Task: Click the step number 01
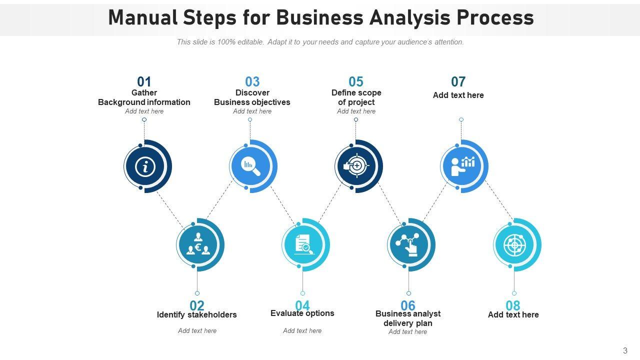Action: (144, 81)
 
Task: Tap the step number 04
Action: (302, 305)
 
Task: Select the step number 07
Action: (458, 81)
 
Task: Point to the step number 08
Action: (513, 305)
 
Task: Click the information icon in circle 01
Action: (145, 166)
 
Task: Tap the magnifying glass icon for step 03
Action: (250, 166)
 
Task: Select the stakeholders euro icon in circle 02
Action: (197, 244)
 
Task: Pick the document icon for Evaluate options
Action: (303, 244)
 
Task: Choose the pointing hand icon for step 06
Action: (409, 245)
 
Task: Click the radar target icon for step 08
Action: (514, 245)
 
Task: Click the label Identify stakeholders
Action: (196, 315)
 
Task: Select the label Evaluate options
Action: (302, 313)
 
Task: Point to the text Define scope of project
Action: (356, 97)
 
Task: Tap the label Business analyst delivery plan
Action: (408, 318)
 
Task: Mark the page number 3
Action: (625, 350)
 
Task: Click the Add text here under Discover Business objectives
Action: (252, 111)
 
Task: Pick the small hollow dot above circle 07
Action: (461, 119)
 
